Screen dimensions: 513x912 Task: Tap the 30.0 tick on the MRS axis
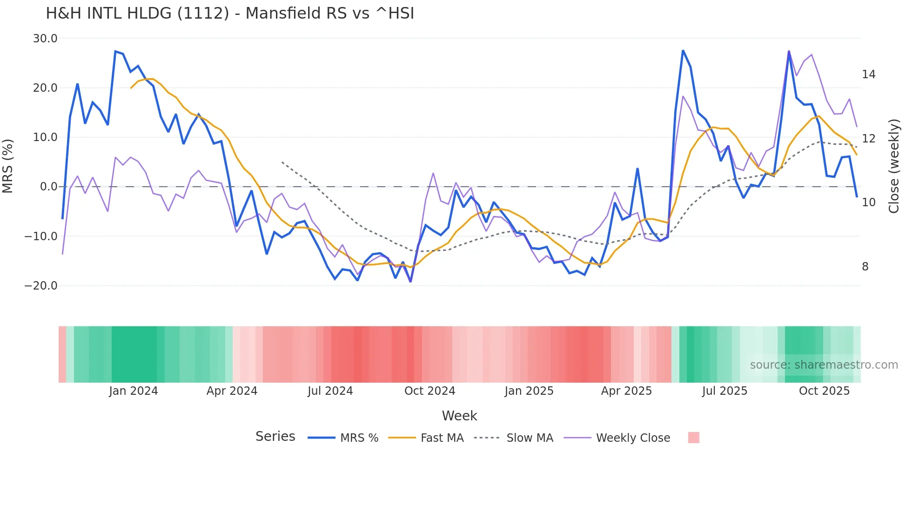pyautogui.click(x=45, y=39)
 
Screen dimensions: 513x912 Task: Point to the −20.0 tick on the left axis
pyautogui.click(x=41, y=286)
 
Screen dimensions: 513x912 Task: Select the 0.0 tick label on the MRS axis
pyautogui.click(x=49, y=187)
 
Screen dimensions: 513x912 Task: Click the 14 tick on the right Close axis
pyautogui.click(x=868, y=74)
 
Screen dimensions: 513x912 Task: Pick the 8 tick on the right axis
pyautogui.click(x=865, y=267)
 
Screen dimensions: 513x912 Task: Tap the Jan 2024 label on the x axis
pyautogui.click(x=134, y=391)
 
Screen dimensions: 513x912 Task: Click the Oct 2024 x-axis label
pyautogui.click(x=429, y=391)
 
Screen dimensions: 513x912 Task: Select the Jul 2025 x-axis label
pyautogui.click(x=724, y=391)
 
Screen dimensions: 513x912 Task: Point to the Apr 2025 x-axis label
pyautogui.click(x=626, y=391)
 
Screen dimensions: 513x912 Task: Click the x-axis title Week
pyautogui.click(x=459, y=416)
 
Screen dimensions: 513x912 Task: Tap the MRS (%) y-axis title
pyautogui.click(x=8, y=166)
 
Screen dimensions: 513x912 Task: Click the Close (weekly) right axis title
pyautogui.click(x=894, y=166)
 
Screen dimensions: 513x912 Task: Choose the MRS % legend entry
pyautogui.click(x=359, y=438)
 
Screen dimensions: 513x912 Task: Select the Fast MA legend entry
pyautogui.click(x=442, y=438)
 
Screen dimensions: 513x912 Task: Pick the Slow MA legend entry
pyautogui.click(x=530, y=438)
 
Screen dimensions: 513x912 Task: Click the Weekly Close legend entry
pyautogui.click(x=633, y=438)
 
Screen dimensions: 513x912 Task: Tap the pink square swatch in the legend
pyautogui.click(x=693, y=438)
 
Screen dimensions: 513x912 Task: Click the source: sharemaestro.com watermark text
pyautogui.click(x=824, y=365)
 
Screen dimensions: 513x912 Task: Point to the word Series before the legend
pyautogui.click(x=275, y=437)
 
